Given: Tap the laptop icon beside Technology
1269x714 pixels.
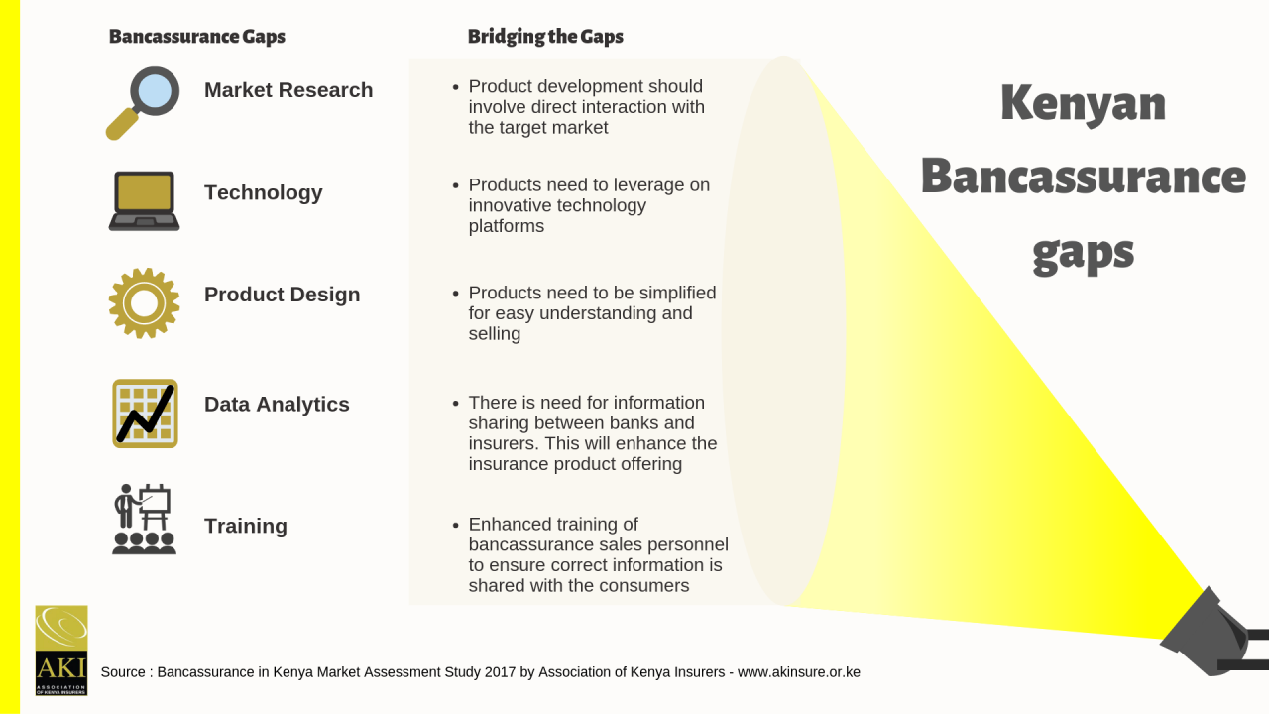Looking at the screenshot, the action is (144, 200).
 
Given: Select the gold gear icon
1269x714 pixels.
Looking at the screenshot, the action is (144, 303).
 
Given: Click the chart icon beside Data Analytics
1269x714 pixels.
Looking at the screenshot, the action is (145, 414).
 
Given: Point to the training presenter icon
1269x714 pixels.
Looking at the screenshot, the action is (144, 519).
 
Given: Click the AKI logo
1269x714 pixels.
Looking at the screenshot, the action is (61, 651).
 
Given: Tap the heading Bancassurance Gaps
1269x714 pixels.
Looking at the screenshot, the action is (197, 37).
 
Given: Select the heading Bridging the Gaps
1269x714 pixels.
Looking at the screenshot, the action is (545, 37).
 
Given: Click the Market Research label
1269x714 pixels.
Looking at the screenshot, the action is (288, 90).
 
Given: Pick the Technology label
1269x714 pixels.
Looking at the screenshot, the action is (264, 192).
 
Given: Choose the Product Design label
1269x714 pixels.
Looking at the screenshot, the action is (283, 295).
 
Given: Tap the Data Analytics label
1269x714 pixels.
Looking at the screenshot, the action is (277, 404).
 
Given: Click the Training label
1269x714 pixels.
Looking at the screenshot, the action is (246, 526).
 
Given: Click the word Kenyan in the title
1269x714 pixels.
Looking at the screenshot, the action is (1084, 104).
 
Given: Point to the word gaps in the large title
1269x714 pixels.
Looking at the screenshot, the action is (1084, 253).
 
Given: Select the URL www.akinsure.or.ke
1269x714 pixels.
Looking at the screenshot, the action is (799, 672).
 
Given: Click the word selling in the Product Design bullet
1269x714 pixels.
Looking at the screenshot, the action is (495, 334).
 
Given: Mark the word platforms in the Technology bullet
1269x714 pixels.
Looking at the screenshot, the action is (507, 226).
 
